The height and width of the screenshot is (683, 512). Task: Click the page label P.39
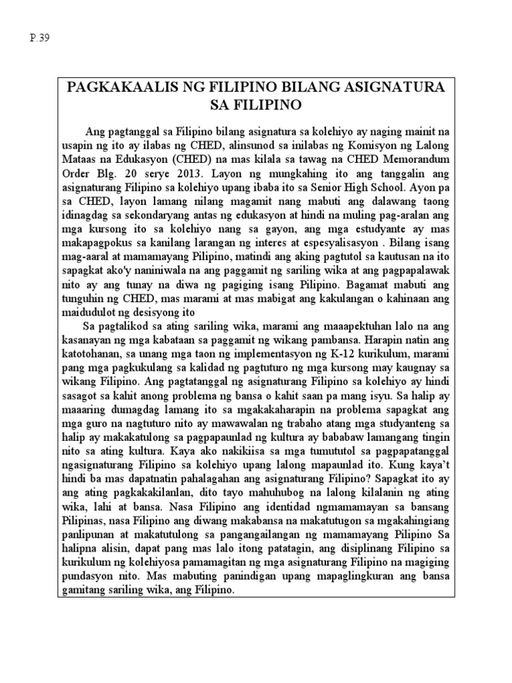point(39,36)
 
